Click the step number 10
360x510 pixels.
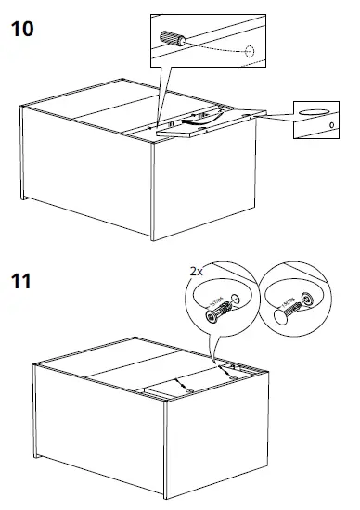[22, 28]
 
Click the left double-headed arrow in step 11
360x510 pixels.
[183, 383]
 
